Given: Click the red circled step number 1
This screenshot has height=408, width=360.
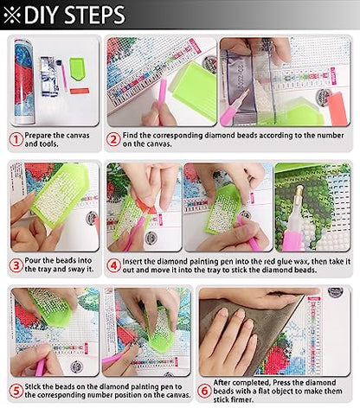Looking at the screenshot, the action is click(x=16, y=139).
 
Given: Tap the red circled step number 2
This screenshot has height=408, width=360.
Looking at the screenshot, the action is click(x=113, y=139).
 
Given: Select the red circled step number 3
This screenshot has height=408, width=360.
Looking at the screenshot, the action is click(x=16, y=265).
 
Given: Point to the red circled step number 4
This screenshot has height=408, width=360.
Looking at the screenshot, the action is click(x=113, y=265).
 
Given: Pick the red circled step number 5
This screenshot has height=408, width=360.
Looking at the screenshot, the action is click(x=16, y=391).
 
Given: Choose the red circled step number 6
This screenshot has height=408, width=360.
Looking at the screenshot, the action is click(x=204, y=391).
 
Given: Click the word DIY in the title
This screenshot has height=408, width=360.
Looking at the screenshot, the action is click(x=42, y=15).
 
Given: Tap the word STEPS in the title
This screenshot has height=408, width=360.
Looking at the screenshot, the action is click(x=94, y=15).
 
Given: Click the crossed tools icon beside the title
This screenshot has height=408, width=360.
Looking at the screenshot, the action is click(x=12, y=15).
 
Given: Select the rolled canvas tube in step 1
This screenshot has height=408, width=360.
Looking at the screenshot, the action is click(x=24, y=82).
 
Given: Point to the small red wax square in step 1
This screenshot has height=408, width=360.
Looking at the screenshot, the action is click(x=80, y=92).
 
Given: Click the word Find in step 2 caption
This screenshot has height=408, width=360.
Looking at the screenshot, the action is click(x=130, y=135).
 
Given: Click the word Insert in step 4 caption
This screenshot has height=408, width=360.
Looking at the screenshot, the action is click(x=132, y=262).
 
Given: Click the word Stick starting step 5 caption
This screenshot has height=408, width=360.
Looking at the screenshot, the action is click(x=33, y=386).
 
